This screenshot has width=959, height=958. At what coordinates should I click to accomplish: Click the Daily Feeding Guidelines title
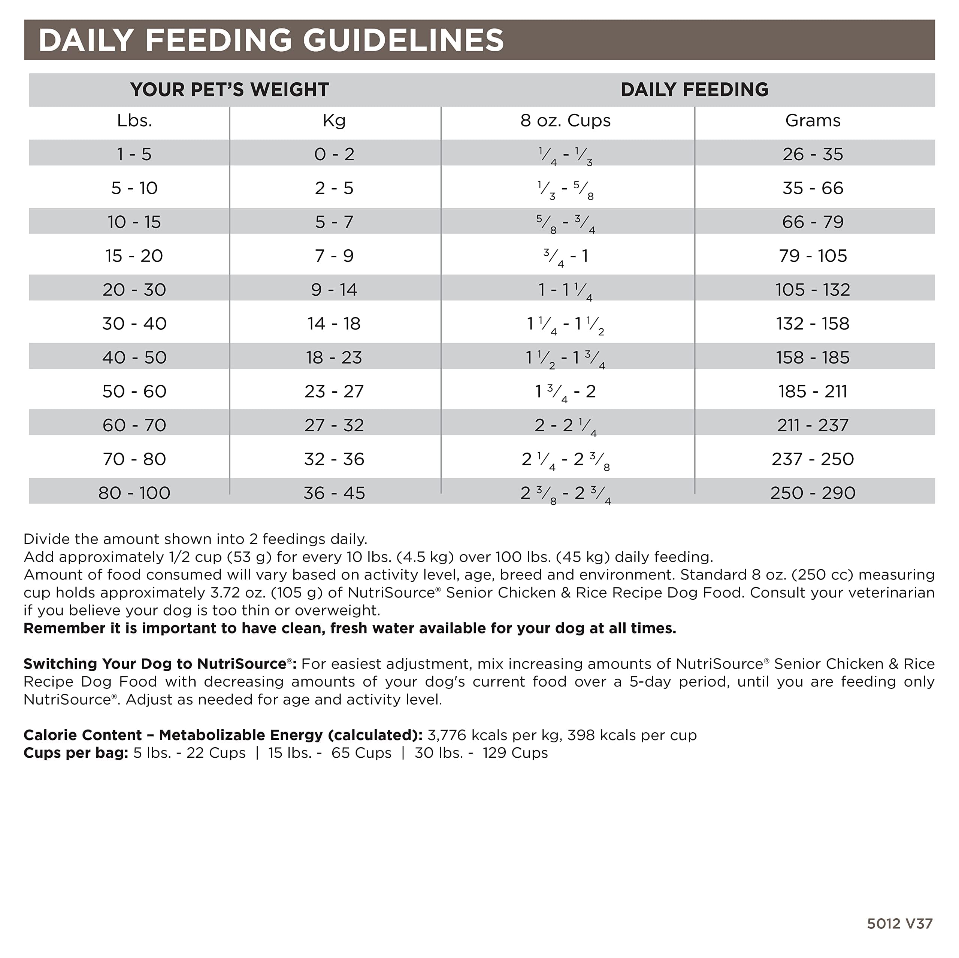[271, 40]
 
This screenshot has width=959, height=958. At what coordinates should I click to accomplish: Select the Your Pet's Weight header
[229, 90]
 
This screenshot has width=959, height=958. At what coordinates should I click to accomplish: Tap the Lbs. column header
[134, 121]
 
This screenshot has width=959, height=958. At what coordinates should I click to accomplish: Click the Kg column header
[334, 121]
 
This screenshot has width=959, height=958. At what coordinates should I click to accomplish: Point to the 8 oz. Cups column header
[565, 121]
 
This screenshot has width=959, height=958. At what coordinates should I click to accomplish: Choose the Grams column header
[813, 121]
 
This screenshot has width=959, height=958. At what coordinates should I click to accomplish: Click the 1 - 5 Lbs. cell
[134, 154]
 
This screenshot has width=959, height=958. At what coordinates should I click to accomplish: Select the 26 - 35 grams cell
[813, 154]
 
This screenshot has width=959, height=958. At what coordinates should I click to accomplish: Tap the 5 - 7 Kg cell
[334, 222]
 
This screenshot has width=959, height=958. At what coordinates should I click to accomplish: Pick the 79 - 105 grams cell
[813, 256]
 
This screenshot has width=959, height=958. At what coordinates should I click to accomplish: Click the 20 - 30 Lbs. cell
[134, 290]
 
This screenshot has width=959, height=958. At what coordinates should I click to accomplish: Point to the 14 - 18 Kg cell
[334, 323]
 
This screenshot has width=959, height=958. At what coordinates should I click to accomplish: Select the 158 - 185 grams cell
[813, 358]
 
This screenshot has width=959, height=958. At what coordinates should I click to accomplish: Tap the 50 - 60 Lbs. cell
[134, 392]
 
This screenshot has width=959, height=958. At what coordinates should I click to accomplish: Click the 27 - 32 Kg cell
[334, 425]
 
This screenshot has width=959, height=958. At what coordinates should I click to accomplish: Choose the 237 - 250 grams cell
[813, 459]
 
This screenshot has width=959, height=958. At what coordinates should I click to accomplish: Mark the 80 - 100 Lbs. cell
[134, 493]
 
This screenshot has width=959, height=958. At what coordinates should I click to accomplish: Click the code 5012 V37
[899, 923]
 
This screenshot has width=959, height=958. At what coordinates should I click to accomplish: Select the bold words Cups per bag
[75, 752]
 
